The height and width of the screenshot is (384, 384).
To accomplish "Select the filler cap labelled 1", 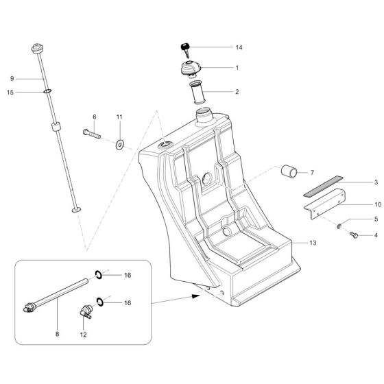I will (x=188, y=69).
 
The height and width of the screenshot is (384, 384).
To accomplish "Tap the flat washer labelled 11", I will (x=119, y=144).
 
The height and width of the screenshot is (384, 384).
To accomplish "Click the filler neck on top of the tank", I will (x=203, y=116).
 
